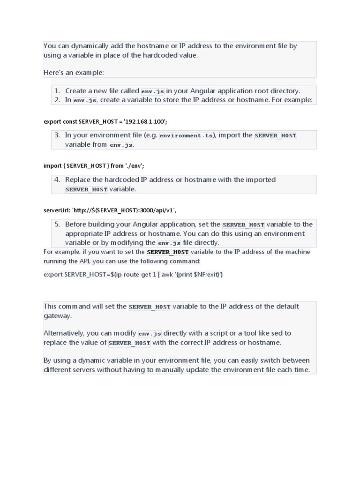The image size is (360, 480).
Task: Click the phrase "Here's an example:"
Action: pyautogui.click(x=74, y=73)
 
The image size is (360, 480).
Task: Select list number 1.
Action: pyautogui.click(x=57, y=91)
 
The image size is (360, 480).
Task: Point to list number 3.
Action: pyautogui.click(x=57, y=135)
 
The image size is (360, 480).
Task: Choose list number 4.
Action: pyautogui.click(x=57, y=180)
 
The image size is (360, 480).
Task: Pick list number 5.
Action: pyautogui.click(x=57, y=224)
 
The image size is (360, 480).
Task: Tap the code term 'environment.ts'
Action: pyautogui.click(x=186, y=136)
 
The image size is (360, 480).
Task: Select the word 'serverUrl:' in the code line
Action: pyautogui.click(x=57, y=210)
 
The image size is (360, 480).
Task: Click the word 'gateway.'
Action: pyautogui.click(x=58, y=315)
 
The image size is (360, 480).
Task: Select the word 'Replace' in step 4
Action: pyautogui.click(x=77, y=180)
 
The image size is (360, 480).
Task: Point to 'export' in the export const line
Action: pyautogui.click(x=52, y=121)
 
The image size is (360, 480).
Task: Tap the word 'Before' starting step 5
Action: pyautogui.click(x=76, y=224)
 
